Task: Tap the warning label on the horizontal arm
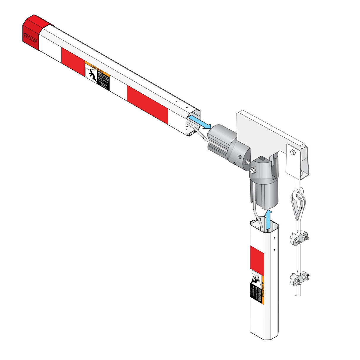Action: point(97,76)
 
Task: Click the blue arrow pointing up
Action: point(269,220)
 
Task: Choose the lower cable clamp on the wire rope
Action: point(300,278)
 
